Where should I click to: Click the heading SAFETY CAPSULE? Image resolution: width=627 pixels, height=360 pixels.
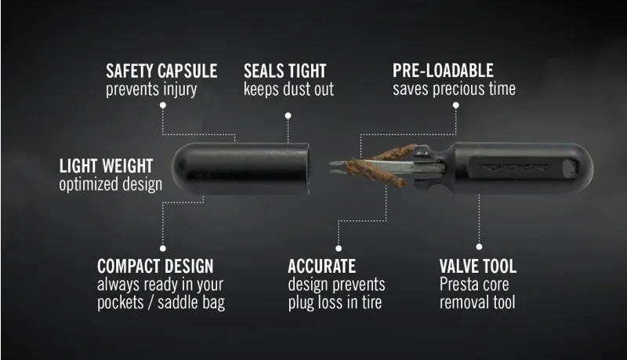tap(161, 71)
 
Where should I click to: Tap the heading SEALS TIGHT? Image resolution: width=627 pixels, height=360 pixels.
tap(285, 71)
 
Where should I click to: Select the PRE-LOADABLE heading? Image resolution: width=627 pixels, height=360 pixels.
tap(443, 71)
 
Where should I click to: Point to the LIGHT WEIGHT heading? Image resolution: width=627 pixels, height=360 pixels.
tap(106, 166)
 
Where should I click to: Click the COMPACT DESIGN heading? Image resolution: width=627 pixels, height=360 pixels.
tap(155, 266)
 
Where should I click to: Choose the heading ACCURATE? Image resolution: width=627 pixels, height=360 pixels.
tap(322, 266)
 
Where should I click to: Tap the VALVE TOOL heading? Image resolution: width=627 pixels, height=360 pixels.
tap(478, 266)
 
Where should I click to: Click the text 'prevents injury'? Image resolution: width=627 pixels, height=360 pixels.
tap(151, 89)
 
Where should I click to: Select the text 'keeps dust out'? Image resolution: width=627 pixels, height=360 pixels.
tap(288, 89)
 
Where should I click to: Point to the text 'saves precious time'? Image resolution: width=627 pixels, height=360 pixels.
tap(454, 89)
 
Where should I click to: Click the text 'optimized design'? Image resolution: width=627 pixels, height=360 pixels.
tap(111, 184)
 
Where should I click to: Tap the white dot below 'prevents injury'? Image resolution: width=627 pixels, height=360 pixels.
tap(163, 105)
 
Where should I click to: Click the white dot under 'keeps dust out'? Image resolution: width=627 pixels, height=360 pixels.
tap(288, 115)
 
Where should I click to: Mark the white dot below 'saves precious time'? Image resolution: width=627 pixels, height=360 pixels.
tap(456, 105)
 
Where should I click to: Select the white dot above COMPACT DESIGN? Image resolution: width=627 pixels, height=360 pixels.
tap(163, 249)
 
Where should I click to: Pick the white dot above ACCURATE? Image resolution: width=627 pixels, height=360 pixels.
tap(339, 249)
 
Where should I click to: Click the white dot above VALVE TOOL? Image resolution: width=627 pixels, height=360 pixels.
tap(479, 246)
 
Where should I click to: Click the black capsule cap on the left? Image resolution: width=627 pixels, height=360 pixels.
tap(241, 169)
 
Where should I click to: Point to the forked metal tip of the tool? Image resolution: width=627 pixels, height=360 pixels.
tap(338, 168)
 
